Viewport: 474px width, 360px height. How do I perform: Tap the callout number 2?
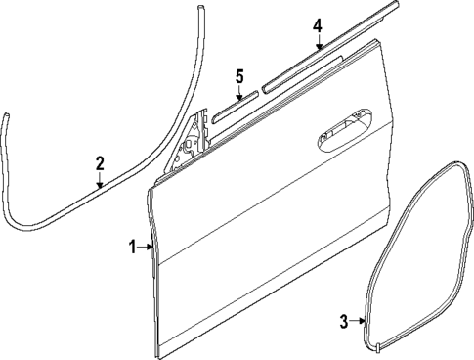99,164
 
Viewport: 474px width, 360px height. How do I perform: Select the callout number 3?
344,320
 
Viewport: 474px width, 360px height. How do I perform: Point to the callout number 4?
318,25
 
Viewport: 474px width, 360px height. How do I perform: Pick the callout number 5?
239,75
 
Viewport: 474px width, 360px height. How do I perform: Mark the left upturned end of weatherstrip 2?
5,122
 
